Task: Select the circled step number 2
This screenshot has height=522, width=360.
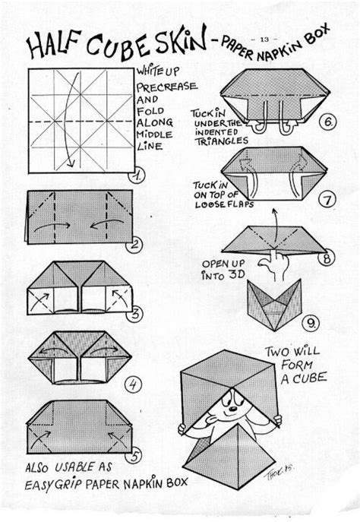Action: pos(135,244)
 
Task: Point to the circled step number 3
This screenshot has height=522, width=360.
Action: pos(135,313)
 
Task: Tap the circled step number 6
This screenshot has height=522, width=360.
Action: pos(326,120)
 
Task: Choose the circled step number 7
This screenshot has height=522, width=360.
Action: pos(327,201)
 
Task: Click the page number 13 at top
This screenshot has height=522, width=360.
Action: pos(265,39)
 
